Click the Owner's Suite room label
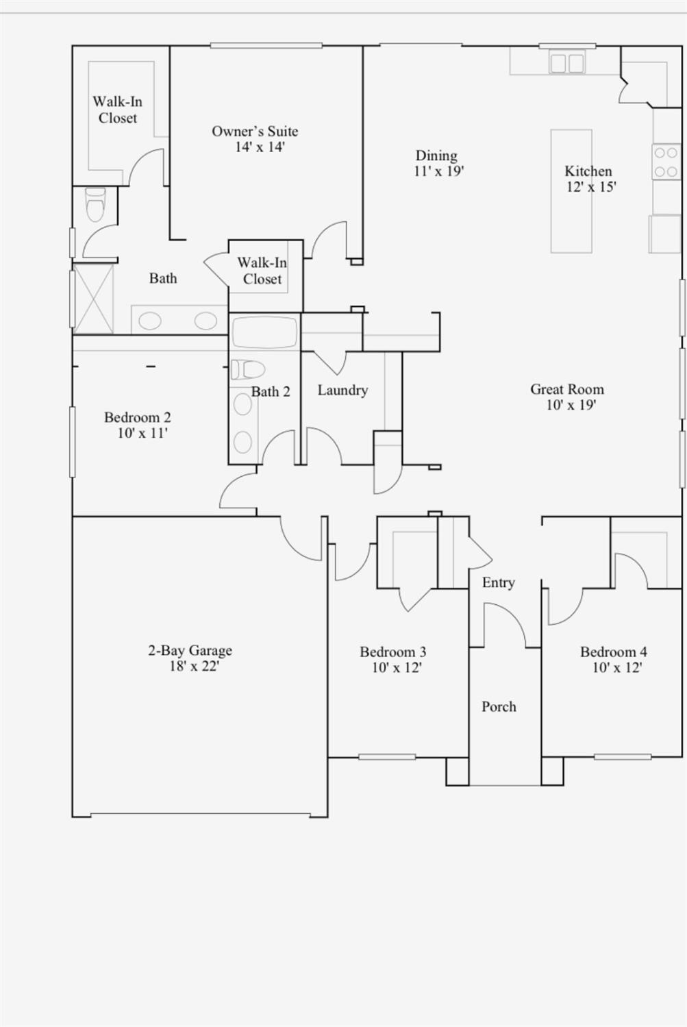click(x=255, y=132)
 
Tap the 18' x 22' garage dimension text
click(x=194, y=666)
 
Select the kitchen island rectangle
click(x=571, y=191)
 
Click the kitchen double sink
click(x=566, y=64)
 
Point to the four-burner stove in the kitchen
click(x=666, y=162)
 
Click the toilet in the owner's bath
click(x=95, y=204)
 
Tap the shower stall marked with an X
click(x=93, y=299)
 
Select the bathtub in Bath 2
click(x=264, y=332)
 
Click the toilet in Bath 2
click(x=247, y=370)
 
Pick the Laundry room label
click(x=342, y=391)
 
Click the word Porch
click(x=499, y=707)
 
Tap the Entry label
click(x=498, y=583)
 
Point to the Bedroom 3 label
click(x=393, y=652)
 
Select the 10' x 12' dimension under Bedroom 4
click(x=616, y=668)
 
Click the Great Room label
click(x=567, y=390)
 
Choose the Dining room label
click(x=436, y=156)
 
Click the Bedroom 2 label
click(x=138, y=417)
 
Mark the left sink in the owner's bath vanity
click(x=150, y=321)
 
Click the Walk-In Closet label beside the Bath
click(x=262, y=271)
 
